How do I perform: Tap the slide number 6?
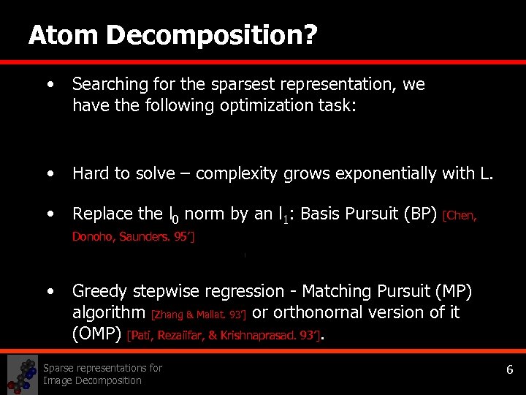510,370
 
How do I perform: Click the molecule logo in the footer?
22,375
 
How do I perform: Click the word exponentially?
379,174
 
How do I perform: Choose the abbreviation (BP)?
423,214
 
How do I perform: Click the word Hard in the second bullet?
88,174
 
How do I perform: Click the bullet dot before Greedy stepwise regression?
50,291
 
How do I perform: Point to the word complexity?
233,174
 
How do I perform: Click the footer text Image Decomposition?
92,380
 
